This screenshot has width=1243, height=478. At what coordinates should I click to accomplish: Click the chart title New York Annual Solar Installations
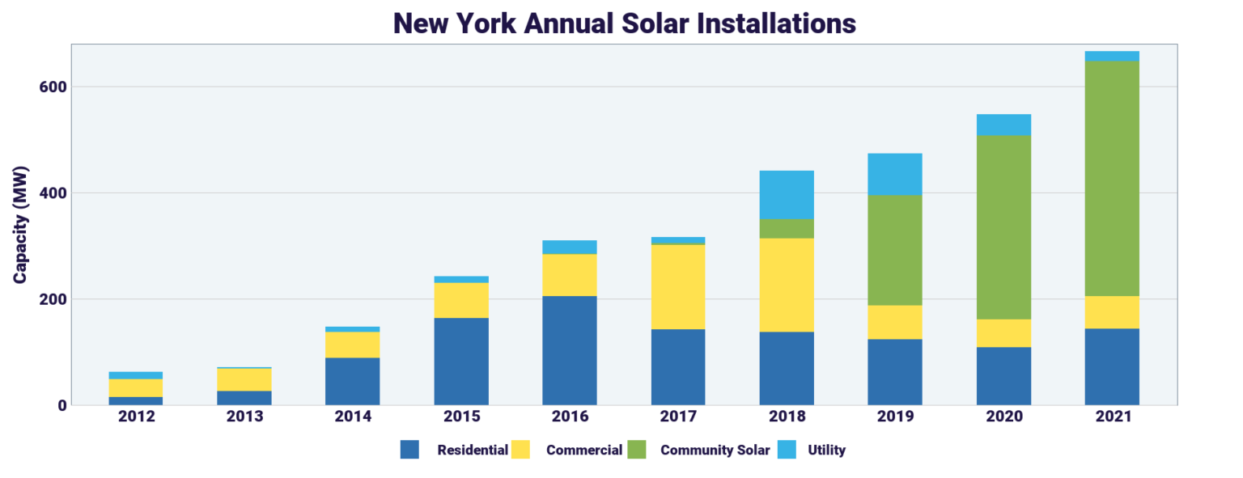pos(624,23)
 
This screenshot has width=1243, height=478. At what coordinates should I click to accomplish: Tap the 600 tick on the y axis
pos(51,87)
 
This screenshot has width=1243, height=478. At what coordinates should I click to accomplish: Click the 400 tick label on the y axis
pos(51,192)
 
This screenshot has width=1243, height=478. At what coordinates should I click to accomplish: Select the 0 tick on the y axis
pos(59,405)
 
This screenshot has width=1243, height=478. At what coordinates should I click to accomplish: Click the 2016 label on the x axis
pos(570,417)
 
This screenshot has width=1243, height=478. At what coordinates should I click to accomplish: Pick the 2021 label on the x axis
pos(1112,417)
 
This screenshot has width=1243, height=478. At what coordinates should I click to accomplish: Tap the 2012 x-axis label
pos(136,417)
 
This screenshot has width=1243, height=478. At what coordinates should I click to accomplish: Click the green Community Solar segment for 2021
pos(1112,178)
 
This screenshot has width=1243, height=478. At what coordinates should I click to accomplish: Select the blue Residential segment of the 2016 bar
pos(570,350)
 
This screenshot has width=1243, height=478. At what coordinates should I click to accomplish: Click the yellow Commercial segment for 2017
pos(678,286)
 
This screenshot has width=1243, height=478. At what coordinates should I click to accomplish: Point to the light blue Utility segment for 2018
pos(787,195)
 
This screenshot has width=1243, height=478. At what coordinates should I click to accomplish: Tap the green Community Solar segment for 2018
pos(787,229)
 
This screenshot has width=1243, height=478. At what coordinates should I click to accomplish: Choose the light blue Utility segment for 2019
pos(895,175)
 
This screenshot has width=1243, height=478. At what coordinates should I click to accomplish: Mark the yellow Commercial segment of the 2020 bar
pos(1003,333)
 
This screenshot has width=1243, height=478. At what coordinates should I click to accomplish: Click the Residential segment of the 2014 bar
pos(353,381)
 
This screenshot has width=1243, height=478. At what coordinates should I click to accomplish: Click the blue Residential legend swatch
pos(409,450)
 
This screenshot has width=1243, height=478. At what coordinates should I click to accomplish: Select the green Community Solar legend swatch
pos(637,450)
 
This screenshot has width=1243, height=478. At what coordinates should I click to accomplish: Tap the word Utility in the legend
pos(826,450)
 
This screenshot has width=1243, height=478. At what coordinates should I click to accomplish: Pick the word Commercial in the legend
pos(584,450)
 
